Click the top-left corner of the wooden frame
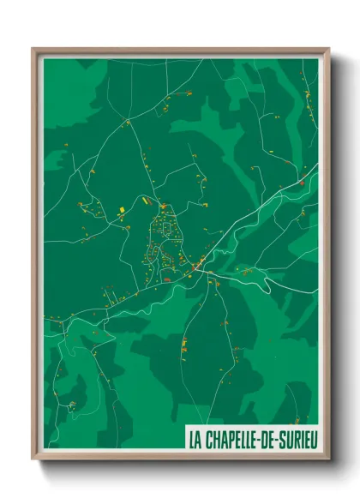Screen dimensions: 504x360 (x=33, y=49)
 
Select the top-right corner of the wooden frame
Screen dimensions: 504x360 (x=328, y=49)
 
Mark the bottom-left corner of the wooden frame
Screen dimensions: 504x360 (x=33, y=460)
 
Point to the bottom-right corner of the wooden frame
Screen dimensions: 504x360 (x=328, y=460)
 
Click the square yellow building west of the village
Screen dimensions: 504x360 (x=122, y=208)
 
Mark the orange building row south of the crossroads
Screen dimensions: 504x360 (x=183, y=345)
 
